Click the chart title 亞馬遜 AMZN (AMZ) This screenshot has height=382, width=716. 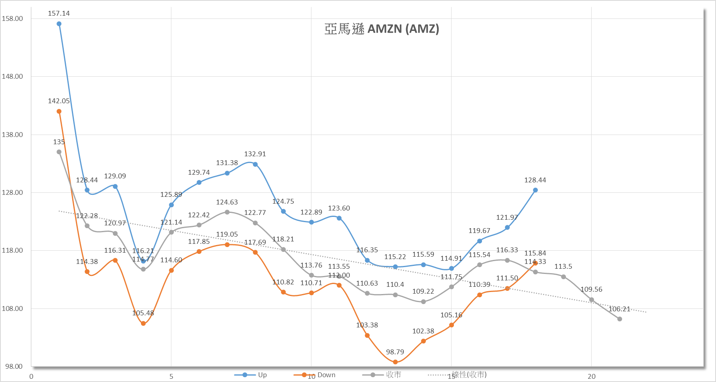pos(382,29)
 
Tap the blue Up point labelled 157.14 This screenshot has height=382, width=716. pos(59,24)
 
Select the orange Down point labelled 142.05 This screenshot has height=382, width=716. pos(59,111)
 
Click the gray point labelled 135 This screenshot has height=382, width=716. pos(59,152)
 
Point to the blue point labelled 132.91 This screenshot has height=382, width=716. pos(255,164)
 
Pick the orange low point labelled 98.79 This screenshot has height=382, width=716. pos(395,362)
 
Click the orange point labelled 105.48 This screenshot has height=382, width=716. pos(143,323)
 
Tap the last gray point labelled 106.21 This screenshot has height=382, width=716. pos(620,319)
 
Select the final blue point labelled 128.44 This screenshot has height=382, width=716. pos(535,190)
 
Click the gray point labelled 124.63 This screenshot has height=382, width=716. pos(227,212)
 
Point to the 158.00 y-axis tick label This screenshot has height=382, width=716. pos(12,18)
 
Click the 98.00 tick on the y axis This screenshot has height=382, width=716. pos(14,366)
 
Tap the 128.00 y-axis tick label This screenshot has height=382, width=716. pos(12,192)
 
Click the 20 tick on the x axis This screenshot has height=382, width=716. pos(592,376)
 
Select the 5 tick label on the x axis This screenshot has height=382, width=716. pos(171,376)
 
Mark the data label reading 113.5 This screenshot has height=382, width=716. pos(563,267)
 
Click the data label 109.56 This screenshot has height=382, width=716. pos(591,290)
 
